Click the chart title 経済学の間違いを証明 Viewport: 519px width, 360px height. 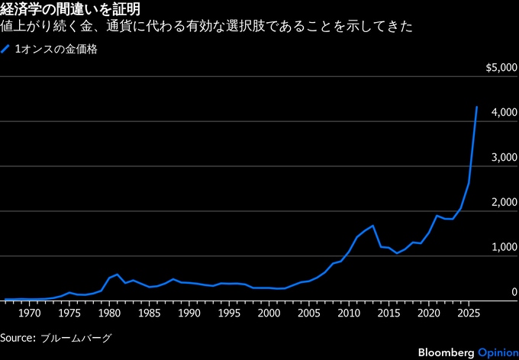[x=69, y=9]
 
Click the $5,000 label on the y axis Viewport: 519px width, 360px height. [x=501, y=69]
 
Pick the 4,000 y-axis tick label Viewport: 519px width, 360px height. [x=505, y=113]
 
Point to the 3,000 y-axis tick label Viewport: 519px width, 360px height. [x=505, y=158]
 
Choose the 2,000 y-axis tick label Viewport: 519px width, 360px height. [x=505, y=203]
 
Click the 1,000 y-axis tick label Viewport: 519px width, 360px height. [x=505, y=248]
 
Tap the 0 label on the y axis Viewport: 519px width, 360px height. [x=514, y=293]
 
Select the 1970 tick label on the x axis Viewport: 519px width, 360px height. [x=29, y=313]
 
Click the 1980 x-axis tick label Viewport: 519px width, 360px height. [x=109, y=313]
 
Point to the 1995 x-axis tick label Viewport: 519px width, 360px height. [x=229, y=313]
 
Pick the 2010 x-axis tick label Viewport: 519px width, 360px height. [x=349, y=313]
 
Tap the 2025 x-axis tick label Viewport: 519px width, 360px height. [x=469, y=313]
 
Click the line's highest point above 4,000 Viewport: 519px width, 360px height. [x=477, y=108]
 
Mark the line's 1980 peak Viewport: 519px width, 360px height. [x=117, y=275]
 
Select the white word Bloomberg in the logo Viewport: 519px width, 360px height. [x=445, y=352]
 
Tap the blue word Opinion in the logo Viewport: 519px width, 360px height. [x=498, y=352]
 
